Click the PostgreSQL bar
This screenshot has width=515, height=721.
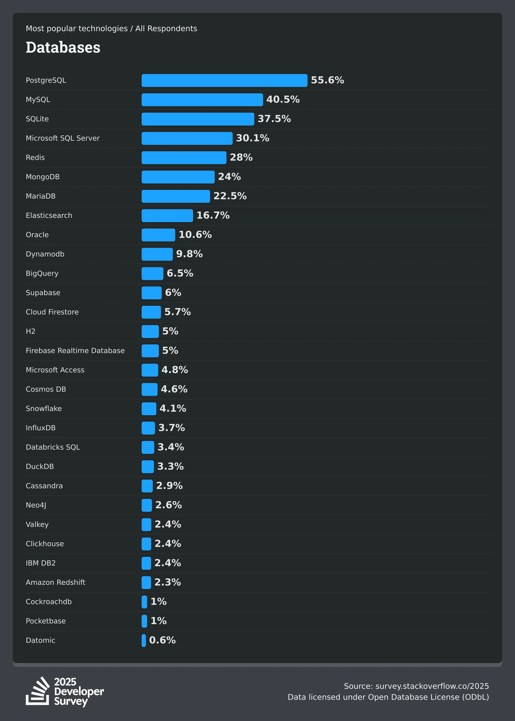coord(224,80)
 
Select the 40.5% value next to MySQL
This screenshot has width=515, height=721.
coord(283,100)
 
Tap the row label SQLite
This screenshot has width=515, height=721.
coord(37,119)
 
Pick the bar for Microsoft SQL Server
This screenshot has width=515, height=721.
coord(187,138)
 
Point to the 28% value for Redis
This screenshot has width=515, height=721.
coord(241,158)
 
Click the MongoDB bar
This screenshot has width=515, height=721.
coord(178,177)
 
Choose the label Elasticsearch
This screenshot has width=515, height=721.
coord(49,216)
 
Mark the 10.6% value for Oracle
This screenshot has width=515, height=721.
coord(195,235)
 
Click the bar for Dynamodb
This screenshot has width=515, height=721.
coord(157,254)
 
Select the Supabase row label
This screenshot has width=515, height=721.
coord(43,293)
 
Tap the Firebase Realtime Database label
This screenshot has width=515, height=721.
coord(75,351)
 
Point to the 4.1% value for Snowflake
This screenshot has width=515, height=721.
coord(173,408)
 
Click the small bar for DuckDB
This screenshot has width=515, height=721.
coord(147,467)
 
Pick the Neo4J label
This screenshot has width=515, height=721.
coord(36,505)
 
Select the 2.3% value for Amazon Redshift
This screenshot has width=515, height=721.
coord(167,582)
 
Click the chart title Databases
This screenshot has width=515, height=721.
coord(63,48)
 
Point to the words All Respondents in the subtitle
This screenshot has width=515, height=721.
coord(166,29)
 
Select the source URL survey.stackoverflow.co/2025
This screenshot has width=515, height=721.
coord(432,686)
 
